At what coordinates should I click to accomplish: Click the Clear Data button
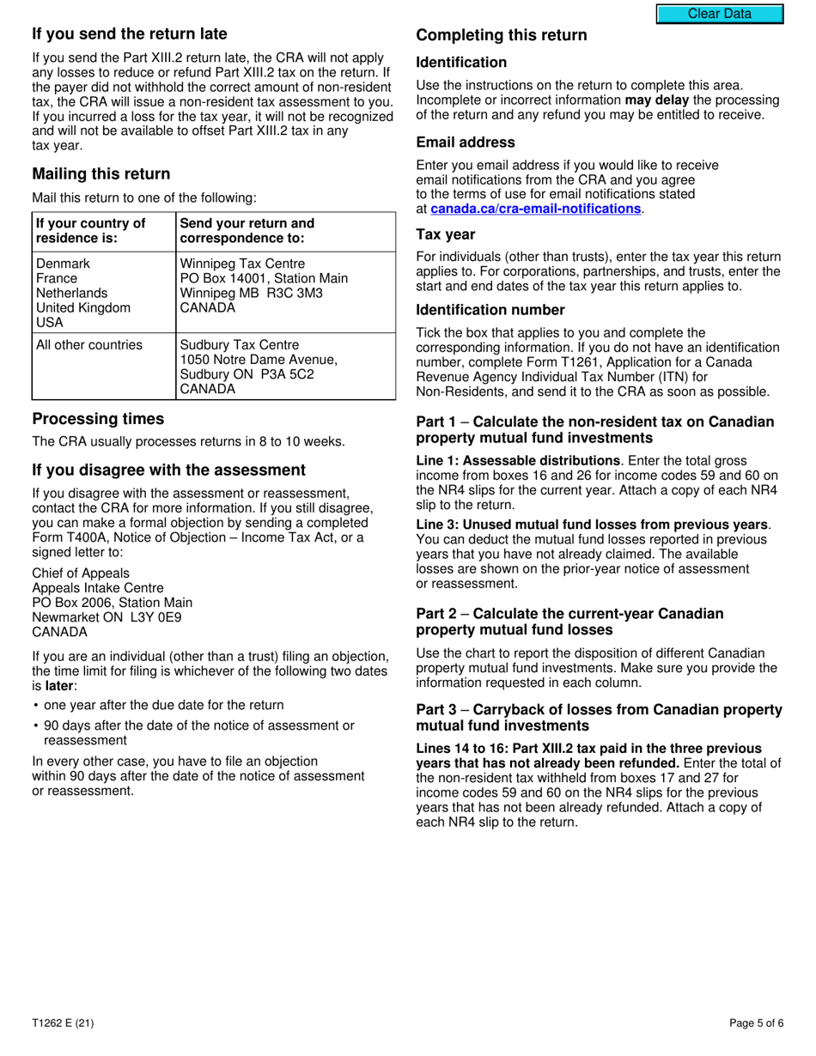720,14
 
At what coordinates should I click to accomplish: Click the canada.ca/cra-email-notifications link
535,209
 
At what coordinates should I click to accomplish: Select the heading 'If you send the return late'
130,34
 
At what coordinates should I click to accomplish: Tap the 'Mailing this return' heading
101,174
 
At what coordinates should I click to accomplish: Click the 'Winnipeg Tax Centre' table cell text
242,264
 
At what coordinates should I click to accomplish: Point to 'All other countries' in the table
89,345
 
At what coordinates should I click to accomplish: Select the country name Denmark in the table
63,264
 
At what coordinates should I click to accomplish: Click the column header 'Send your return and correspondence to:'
247,231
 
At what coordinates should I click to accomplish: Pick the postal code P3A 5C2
271,374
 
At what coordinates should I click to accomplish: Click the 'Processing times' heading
98,420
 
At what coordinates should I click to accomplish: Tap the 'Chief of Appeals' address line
81,574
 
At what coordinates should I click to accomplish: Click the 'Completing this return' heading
502,35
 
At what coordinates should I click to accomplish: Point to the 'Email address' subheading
466,143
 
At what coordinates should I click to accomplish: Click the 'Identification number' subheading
490,310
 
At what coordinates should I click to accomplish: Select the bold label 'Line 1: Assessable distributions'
518,461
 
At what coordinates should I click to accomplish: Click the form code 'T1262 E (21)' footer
64,1023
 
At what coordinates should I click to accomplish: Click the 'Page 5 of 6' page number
756,1023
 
